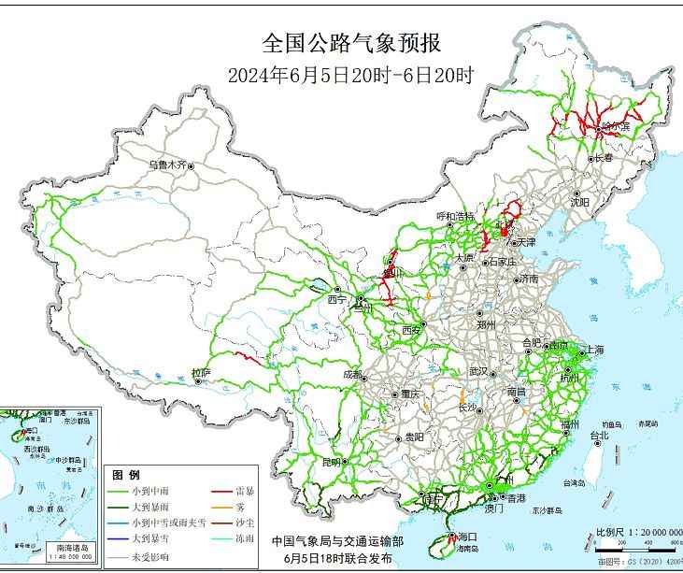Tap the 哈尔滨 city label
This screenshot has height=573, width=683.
coord(616,125)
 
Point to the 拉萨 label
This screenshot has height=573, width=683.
coord(201,372)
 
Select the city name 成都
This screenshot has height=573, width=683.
coord(352,374)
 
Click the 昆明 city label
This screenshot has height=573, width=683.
coord(331,462)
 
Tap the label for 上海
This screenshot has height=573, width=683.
coord(594,351)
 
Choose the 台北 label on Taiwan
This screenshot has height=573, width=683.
coord(598,435)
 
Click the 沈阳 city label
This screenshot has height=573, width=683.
coord(579,201)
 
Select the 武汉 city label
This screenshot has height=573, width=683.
coord(479,371)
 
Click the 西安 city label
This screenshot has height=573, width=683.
coord(412,330)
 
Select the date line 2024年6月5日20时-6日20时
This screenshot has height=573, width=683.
coord(350,76)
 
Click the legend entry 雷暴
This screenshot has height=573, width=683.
coord(247,489)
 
